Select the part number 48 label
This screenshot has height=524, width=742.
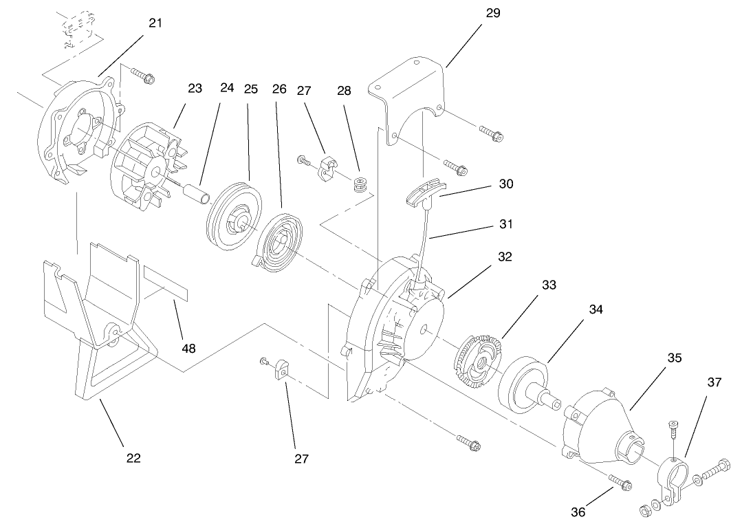[188, 348]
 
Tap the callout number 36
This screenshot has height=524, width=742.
[579, 511]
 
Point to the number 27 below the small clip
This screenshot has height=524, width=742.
[301, 459]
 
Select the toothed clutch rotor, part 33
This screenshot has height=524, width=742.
[479, 355]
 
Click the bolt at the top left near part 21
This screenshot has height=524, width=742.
[142, 76]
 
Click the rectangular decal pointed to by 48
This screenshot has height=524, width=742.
[164, 282]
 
